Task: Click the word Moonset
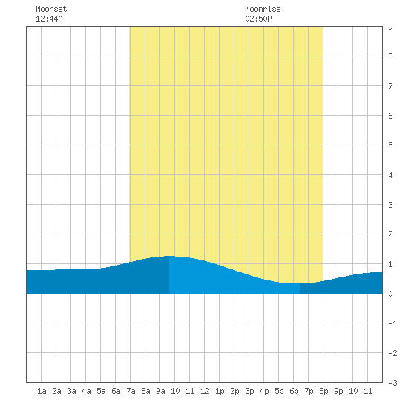pyautogui.click(x=51, y=9)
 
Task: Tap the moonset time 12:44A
pyautogui.click(x=49, y=19)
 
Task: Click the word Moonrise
pyautogui.click(x=263, y=9)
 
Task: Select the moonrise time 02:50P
pyautogui.click(x=258, y=19)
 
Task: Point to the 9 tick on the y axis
pyautogui.click(x=390, y=27)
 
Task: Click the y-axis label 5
pyautogui.click(x=390, y=145)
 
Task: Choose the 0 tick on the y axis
pyautogui.click(x=390, y=294)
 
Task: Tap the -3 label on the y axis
pyautogui.click(x=392, y=383)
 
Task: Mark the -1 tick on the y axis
pyautogui.click(x=392, y=323)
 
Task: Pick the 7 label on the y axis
pyautogui.click(x=390, y=86)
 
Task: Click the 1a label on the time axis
pyautogui.click(x=42, y=391)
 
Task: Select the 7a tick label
pyautogui.click(x=131, y=391)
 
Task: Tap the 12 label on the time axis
pyautogui.click(x=205, y=391)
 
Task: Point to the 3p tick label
pyautogui.click(x=249, y=391)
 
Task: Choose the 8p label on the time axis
pyautogui.click(x=323, y=391)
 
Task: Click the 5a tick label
pyautogui.click(x=101, y=391)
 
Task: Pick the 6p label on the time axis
pyautogui.click(x=294, y=391)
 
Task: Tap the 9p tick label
pyautogui.click(x=338, y=391)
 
